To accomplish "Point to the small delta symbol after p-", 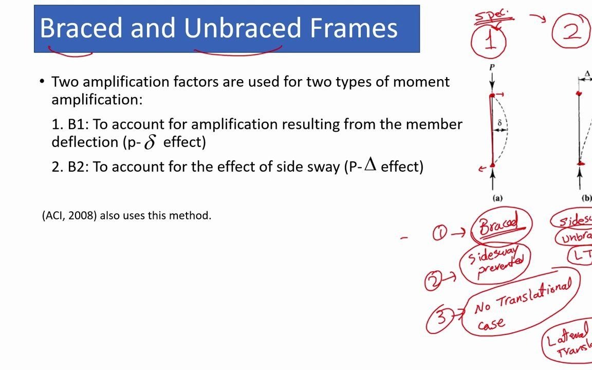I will click(150, 142).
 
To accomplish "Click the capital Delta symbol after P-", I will click(371, 164).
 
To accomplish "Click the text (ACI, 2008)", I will click(69, 216).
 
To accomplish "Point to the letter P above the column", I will click(492, 67).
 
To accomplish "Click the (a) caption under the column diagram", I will click(497, 198).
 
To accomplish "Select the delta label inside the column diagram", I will click(499, 123).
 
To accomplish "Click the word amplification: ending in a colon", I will click(97, 100).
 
